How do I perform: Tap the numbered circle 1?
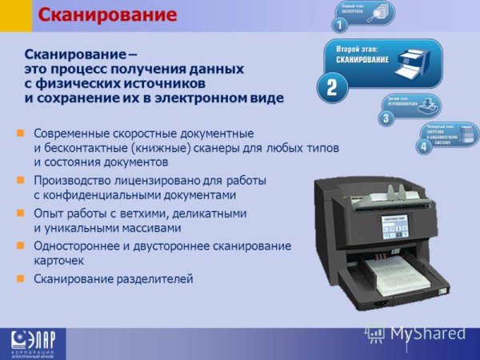click(x=340, y=26)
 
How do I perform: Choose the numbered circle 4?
click(x=424, y=147)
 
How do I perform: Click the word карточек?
click(x=59, y=261)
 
